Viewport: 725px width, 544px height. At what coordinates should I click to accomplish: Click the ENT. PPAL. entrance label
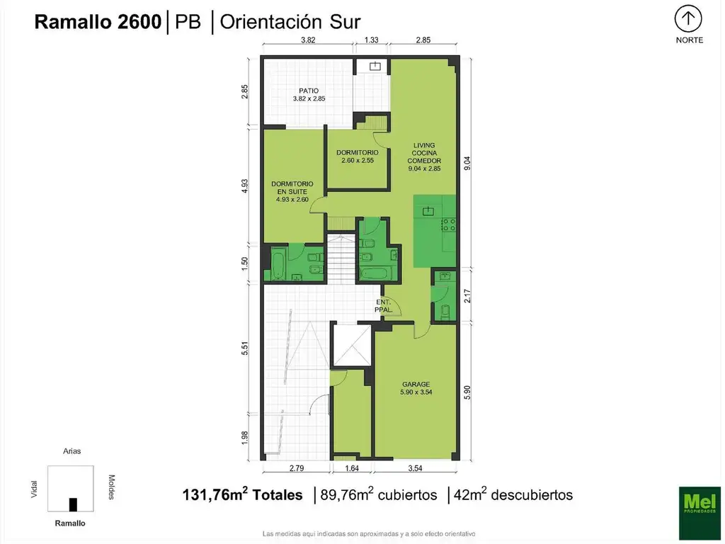click(x=383, y=306)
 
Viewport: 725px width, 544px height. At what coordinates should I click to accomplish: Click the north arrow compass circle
click(x=688, y=19)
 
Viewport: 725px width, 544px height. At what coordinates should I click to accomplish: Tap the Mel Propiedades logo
click(x=700, y=513)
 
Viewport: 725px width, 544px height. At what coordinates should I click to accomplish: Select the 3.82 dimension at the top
click(x=308, y=40)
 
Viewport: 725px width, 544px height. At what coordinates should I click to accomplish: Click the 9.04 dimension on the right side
click(x=467, y=164)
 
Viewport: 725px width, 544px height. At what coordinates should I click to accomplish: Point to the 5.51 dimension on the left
click(x=244, y=348)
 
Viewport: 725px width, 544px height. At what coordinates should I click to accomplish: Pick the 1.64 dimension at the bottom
click(x=352, y=468)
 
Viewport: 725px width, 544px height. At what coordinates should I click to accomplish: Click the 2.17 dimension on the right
click(x=467, y=296)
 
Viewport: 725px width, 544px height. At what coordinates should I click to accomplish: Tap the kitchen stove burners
click(x=448, y=225)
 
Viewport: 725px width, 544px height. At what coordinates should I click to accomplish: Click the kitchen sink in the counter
click(x=428, y=211)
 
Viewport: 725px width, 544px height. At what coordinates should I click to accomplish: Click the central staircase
click(x=341, y=259)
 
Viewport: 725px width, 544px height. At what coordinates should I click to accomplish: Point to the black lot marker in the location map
click(x=73, y=504)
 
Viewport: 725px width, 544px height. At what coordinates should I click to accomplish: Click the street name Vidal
click(x=34, y=489)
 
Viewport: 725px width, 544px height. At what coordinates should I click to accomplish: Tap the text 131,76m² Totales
click(x=242, y=494)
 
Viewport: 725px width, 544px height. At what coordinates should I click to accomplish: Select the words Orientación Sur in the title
click(x=290, y=22)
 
